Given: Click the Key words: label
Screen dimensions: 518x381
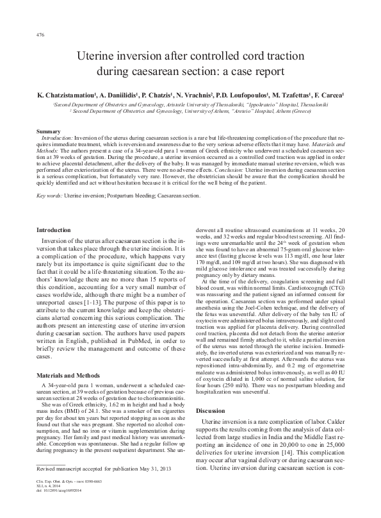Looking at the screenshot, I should pyautogui.click(x=50, y=195).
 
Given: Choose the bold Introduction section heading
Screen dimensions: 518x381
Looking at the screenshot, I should pyautogui.click(x=54, y=230).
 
